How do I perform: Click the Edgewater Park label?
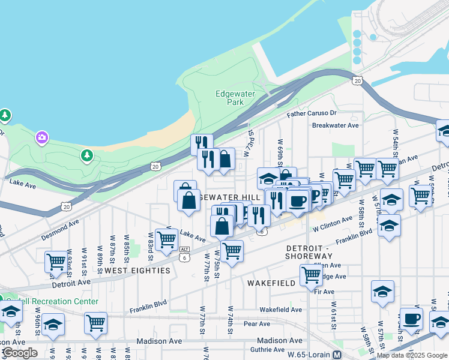[x=235, y=98]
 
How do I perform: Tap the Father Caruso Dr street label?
[x=312, y=113]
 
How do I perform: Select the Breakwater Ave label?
[x=335, y=125]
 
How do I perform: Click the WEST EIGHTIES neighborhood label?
[x=137, y=271]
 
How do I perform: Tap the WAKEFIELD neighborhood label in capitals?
[x=271, y=283]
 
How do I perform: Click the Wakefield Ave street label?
[x=280, y=310]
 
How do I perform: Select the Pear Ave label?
[x=257, y=324]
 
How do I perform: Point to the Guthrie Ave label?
[x=268, y=349]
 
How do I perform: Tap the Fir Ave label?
[x=324, y=292]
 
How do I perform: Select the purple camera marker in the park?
[x=41, y=138]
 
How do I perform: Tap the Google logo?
[x=19, y=353]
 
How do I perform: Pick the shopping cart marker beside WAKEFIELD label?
[x=311, y=275]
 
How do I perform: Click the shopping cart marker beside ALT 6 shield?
[x=166, y=239]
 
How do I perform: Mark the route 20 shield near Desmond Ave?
[x=65, y=206]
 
